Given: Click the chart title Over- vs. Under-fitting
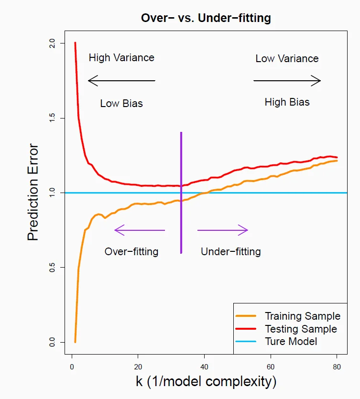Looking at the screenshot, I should (x=206, y=19).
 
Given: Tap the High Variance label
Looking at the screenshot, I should (x=121, y=58).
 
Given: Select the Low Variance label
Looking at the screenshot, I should (x=287, y=59).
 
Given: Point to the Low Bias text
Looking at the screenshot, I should (x=121, y=103).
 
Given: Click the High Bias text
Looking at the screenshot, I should (x=287, y=102).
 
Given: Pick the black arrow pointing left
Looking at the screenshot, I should (x=121, y=80).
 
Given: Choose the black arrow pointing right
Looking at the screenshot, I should (x=287, y=81).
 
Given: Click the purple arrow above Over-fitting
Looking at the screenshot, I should (x=140, y=230).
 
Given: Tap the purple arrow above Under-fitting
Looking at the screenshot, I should (x=223, y=230).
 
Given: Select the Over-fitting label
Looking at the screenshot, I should (x=131, y=251).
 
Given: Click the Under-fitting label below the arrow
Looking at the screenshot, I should (x=231, y=251).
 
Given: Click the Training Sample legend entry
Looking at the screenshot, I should (x=302, y=316).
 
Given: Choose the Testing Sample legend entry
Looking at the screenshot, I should (x=301, y=329).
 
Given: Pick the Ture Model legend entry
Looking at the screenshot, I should (x=291, y=341).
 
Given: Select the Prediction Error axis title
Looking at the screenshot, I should (x=33, y=193).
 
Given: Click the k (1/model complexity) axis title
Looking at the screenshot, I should (x=206, y=382).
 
